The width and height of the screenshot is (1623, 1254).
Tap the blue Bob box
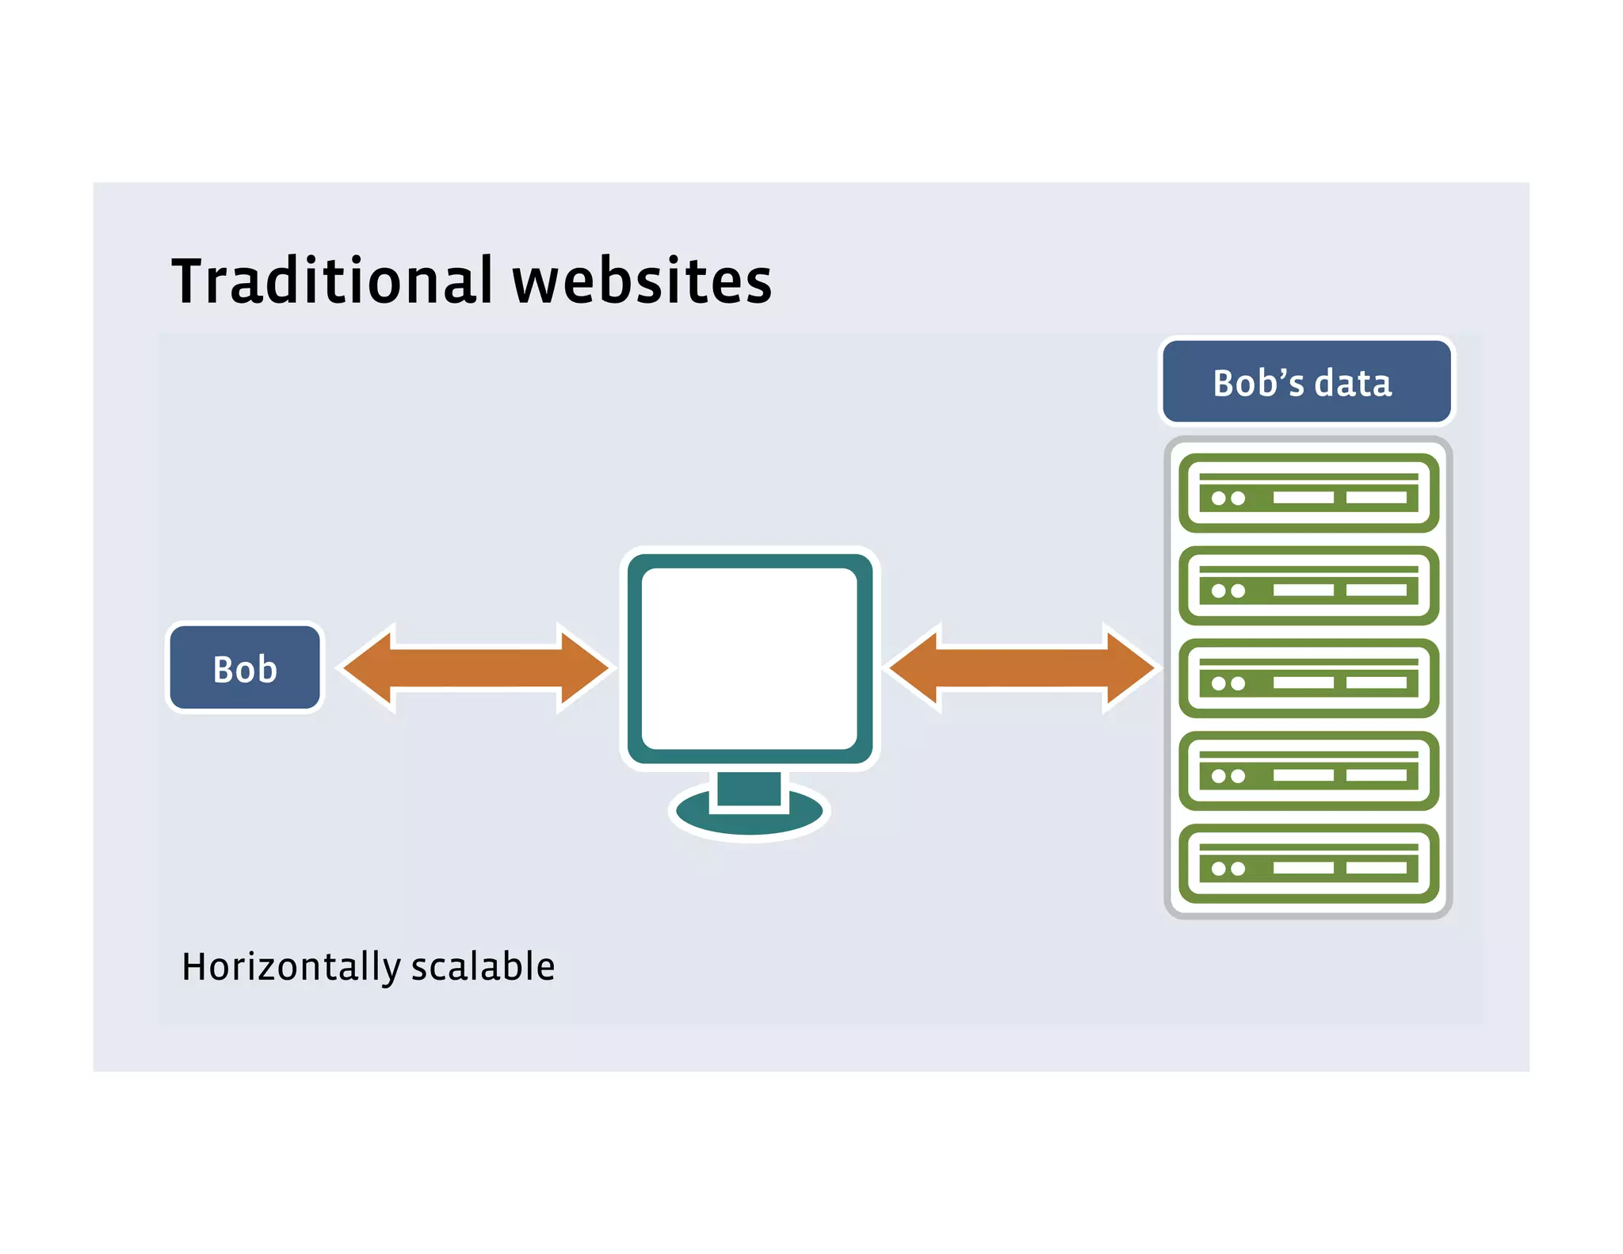(245, 668)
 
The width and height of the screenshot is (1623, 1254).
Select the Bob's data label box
(1306, 382)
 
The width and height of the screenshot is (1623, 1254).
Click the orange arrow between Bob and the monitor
(475, 668)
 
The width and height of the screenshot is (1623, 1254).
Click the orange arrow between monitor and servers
(1022, 668)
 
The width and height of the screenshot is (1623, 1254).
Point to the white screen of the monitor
(749, 658)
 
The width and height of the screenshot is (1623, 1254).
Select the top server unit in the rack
(1308, 493)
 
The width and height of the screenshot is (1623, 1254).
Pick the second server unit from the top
(1308, 586)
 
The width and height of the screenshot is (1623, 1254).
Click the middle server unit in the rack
(1308, 679)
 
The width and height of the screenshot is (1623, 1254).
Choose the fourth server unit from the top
(1308, 770)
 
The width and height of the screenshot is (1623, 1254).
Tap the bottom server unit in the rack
(1308, 863)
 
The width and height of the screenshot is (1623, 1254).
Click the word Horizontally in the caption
(291, 967)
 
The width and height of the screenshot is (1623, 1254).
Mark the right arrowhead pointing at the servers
(1129, 668)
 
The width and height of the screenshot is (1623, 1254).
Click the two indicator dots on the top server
(1228, 499)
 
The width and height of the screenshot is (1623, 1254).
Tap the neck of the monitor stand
(749, 789)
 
